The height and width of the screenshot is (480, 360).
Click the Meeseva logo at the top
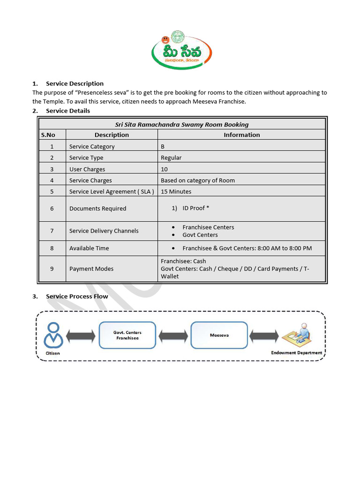point(182,51)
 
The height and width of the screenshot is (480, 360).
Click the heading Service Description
point(75,83)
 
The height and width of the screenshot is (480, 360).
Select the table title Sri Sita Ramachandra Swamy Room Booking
point(182,124)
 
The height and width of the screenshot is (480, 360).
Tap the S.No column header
point(48,135)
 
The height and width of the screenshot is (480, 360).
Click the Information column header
point(241,135)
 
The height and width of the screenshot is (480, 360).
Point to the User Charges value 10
point(164,169)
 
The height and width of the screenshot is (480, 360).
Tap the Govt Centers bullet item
point(200,235)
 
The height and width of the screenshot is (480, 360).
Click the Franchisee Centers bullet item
point(208,227)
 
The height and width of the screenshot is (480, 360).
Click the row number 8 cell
point(52,248)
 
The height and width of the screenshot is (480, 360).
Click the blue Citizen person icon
point(53,335)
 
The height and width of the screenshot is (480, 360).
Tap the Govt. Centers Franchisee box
point(127,335)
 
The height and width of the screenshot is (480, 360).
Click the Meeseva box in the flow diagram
point(219,335)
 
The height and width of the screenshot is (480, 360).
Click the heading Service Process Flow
point(77,296)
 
